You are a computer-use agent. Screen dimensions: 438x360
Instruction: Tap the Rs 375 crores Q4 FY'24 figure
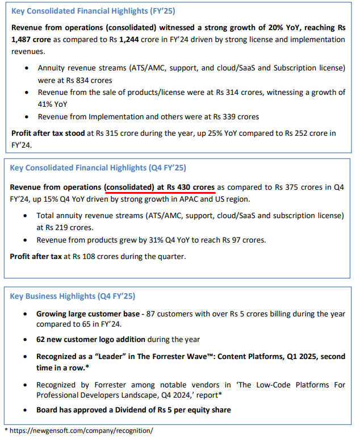(299, 187)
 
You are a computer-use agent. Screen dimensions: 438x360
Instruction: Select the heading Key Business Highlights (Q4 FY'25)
(73, 297)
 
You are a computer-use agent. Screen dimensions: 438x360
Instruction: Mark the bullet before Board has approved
(25, 410)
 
